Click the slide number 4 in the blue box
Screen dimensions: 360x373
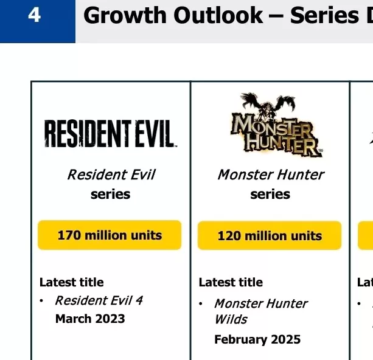(35, 15)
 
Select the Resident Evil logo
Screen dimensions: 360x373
(110, 134)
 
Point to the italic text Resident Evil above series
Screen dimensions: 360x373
(111, 175)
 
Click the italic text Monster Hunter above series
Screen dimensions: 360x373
(270, 175)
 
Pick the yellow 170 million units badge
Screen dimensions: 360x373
(110, 235)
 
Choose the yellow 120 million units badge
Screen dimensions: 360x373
(270, 235)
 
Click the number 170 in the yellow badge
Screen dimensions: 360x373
(69, 235)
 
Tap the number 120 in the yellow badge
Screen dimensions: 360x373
(229, 236)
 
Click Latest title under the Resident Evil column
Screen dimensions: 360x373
(71, 282)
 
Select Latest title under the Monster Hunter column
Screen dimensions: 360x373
(231, 282)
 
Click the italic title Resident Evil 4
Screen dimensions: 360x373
(99, 300)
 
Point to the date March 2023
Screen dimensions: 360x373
(90, 319)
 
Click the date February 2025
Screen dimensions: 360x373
(257, 339)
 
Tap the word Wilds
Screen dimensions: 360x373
(231, 319)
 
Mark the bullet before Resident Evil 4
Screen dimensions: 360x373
(41, 301)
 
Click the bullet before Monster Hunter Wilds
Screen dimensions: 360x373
(201, 303)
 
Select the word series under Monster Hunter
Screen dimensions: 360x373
(270, 195)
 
